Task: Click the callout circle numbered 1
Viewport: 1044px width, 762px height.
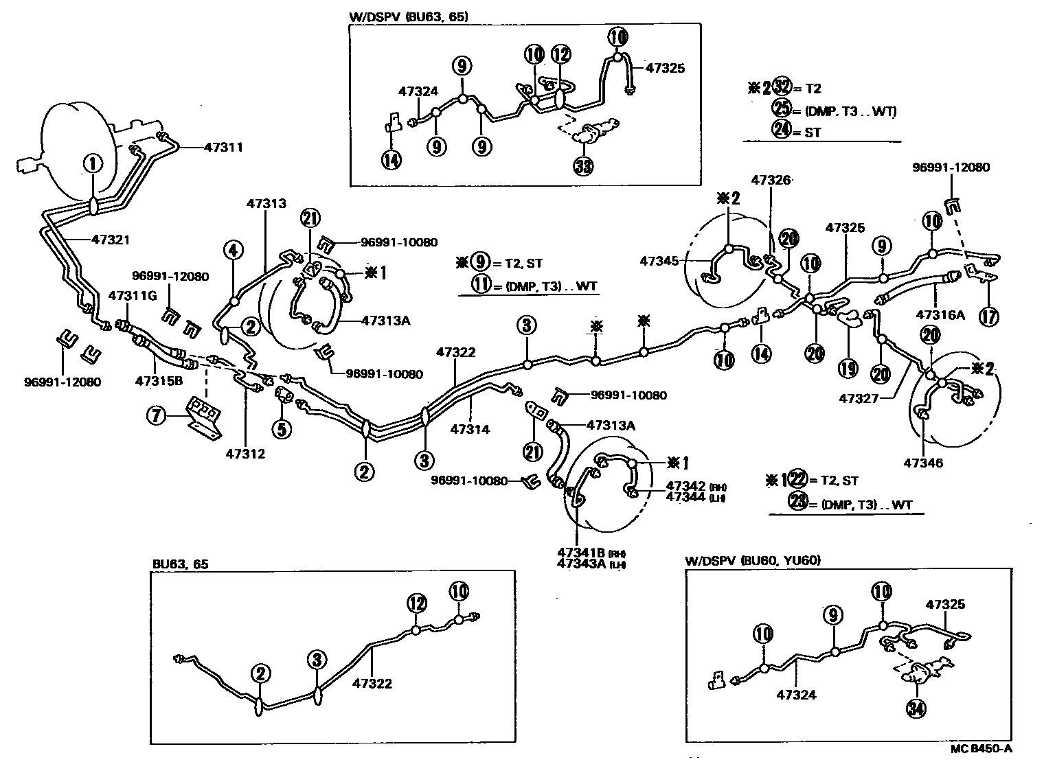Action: coord(92,163)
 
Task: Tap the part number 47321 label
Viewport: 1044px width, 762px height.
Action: coord(110,240)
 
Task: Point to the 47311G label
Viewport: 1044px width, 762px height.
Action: coord(133,296)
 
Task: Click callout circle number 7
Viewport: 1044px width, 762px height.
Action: coord(159,415)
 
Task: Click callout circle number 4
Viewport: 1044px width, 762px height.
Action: coord(234,251)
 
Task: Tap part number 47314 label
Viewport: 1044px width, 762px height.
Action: coord(470,429)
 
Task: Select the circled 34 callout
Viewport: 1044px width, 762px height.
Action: coord(914,710)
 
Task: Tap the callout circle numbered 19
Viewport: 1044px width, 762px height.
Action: coord(848,368)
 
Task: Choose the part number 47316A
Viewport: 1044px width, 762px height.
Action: coord(940,315)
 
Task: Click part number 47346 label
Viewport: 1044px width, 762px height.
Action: coord(923,463)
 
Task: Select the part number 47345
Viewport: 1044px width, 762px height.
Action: coord(659,261)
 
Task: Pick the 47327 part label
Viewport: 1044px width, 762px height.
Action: coord(859,397)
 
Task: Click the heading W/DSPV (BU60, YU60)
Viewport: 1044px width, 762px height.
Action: coord(753,560)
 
